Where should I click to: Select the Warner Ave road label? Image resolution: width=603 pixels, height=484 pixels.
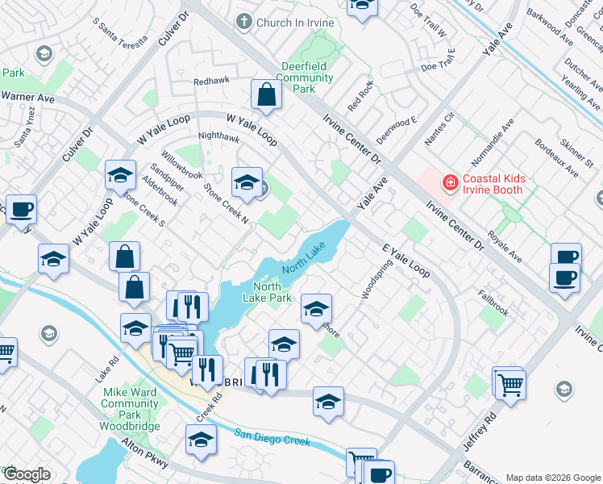27,97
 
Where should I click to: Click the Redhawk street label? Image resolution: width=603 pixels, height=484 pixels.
212,82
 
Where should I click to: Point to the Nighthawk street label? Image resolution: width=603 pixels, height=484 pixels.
218,137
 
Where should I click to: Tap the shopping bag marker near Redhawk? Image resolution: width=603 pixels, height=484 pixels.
266,95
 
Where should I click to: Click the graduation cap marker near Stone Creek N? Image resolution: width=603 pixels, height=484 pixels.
247,181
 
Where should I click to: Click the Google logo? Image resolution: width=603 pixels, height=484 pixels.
27,474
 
